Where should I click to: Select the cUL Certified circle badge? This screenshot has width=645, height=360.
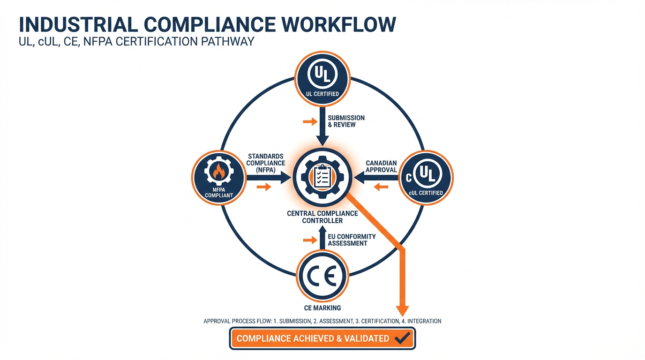(426, 178)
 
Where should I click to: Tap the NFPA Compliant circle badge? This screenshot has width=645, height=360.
(219, 178)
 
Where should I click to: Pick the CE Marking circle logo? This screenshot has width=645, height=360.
(322, 276)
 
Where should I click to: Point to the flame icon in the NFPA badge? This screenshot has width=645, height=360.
(219, 172)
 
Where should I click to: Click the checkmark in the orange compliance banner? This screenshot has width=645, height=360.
(402, 337)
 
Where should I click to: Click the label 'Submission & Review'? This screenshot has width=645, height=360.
(346, 121)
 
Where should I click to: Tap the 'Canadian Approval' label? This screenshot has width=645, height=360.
(381, 166)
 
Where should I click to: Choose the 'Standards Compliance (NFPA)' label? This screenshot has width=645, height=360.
(266, 163)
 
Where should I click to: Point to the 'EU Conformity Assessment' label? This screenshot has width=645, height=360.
(352, 240)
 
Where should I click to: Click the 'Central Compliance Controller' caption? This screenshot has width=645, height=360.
(322, 217)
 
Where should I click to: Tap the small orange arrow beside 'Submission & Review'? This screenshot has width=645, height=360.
(310, 122)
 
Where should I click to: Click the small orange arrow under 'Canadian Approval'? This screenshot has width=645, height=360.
(381, 187)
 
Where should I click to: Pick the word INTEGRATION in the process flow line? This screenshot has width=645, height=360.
(424, 321)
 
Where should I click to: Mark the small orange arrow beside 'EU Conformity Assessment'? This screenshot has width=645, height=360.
(310, 240)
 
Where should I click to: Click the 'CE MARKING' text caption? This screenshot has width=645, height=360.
(322, 308)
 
